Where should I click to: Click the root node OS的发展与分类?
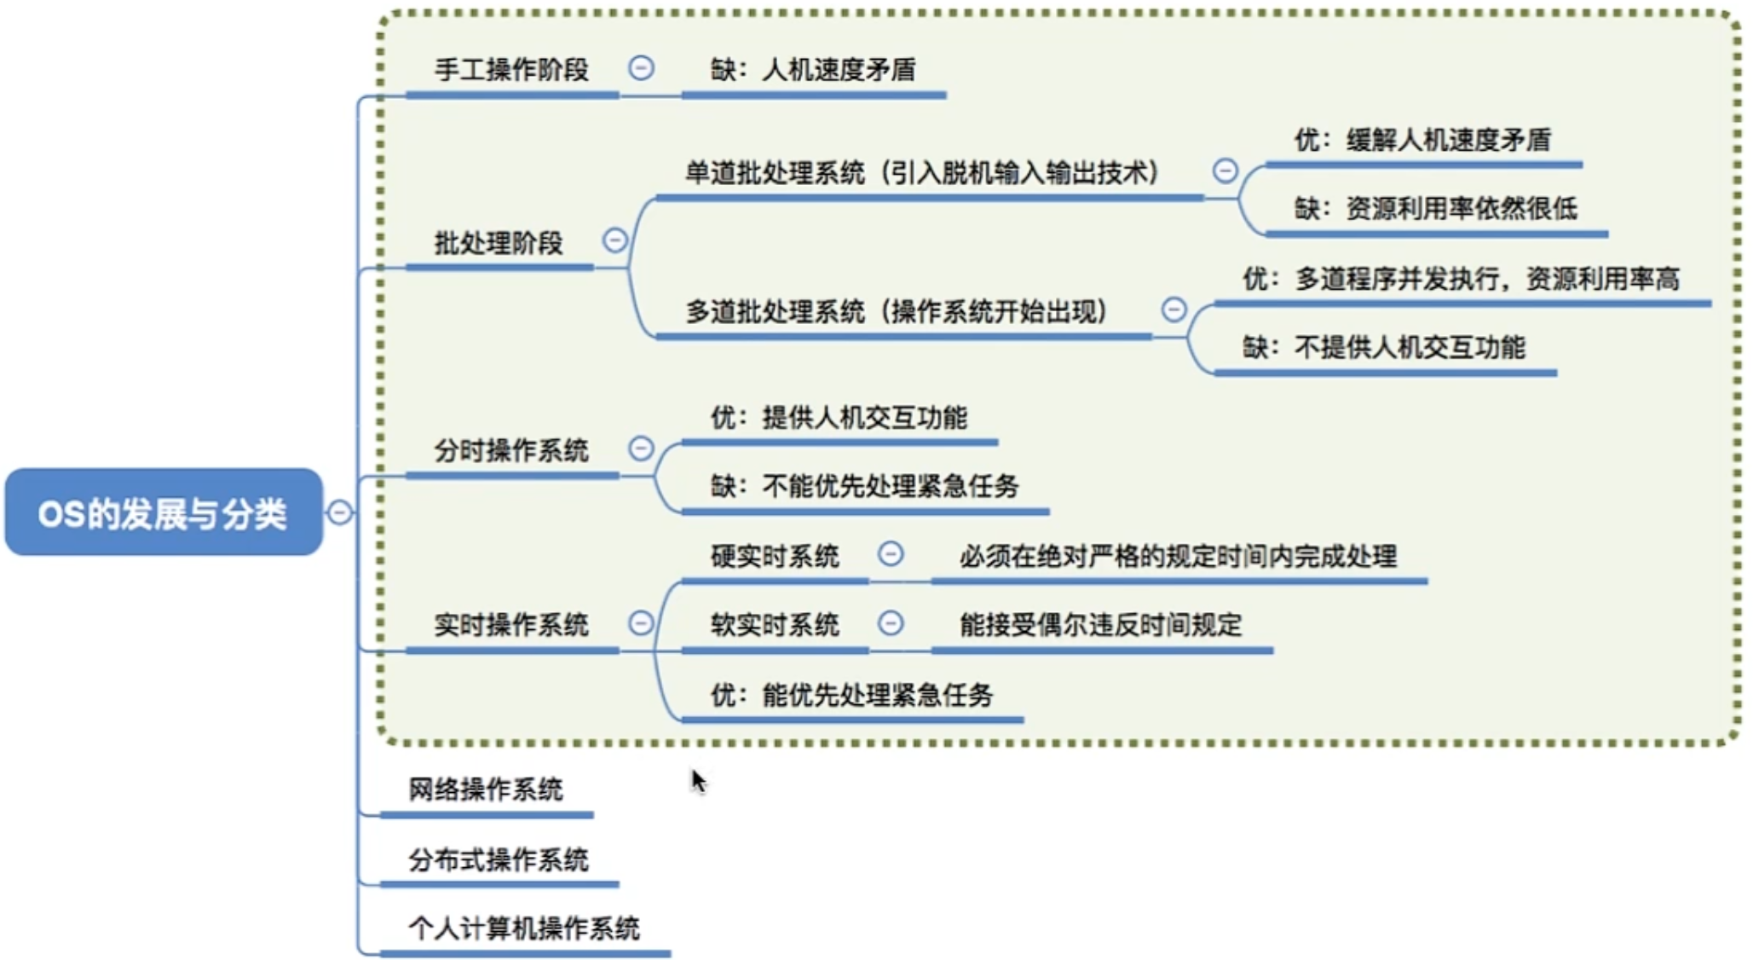(x=163, y=512)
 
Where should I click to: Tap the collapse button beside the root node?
(x=339, y=512)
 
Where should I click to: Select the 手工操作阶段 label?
(x=511, y=69)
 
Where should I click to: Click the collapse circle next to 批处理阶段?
(x=614, y=240)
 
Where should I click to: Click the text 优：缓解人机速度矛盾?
(x=1422, y=140)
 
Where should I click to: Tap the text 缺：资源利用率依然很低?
(x=1435, y=209)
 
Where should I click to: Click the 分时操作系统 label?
(x=511, y=450)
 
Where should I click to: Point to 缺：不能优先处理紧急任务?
(x=865, y=487)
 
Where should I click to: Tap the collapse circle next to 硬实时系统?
(x=891, y=554)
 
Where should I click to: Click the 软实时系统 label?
(x=775, y=626)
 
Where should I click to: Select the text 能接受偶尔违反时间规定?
(x=1101, y=626)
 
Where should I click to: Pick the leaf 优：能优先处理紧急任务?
(x=852, y=696)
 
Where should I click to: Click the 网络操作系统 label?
(x=486, y=789)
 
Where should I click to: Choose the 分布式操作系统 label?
(x=499, y=859)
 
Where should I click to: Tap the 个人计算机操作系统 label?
(x=524, y=928)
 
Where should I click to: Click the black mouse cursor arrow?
(x=698, y=780)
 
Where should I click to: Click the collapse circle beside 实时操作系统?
(x=640, y=623)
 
